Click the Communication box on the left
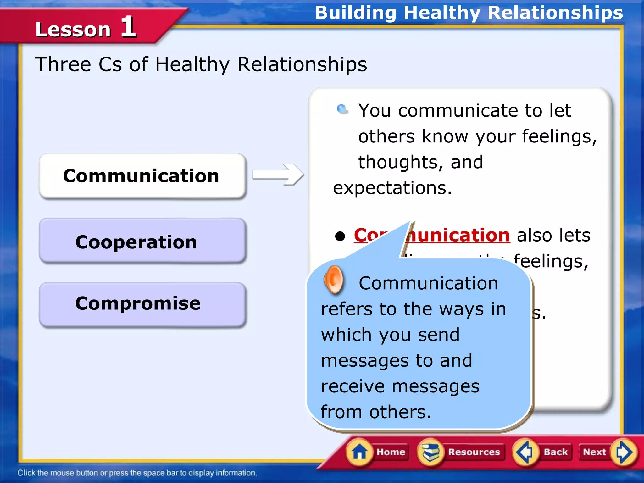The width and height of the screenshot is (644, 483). click(x=142, y=176)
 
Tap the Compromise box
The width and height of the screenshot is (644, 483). click(x=142, y=304)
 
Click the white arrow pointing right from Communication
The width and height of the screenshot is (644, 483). click(x=278, y=174)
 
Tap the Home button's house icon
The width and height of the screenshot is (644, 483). click(x=359, y=452)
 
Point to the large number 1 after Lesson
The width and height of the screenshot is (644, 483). click(x=128, y=27)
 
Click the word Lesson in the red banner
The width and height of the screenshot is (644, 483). click(x=73, y=30)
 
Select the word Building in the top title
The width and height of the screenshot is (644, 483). click(x=355, y=13)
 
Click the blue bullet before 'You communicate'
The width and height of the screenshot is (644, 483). click(x=342, y=109)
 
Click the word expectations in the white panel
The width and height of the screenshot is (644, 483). click(x=392, y=188)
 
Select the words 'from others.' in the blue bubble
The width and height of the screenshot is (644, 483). click(x=376, y=412)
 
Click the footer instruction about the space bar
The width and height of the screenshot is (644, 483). click(x=137, y=473)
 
